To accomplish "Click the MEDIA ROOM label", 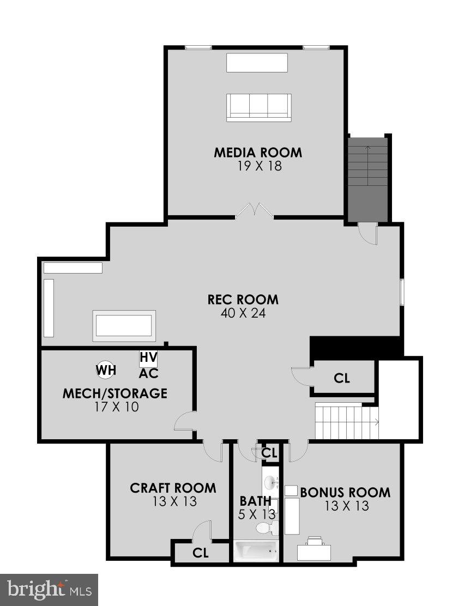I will coord(257,152).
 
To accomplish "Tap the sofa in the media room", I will coord(259,107).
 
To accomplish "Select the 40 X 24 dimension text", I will coord(243,313).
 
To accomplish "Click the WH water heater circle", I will coord(106,371).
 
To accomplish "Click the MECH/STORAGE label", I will coord(114,393).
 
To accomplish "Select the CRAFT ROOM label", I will coord(173,488).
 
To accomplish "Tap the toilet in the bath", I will coord(266,528).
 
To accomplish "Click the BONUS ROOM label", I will coord(345,493).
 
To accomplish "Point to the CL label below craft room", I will coord(201,553).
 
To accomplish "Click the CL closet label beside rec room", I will coord(342,378).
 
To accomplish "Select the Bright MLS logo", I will coord(49,590).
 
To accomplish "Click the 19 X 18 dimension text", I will coord(260,166).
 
